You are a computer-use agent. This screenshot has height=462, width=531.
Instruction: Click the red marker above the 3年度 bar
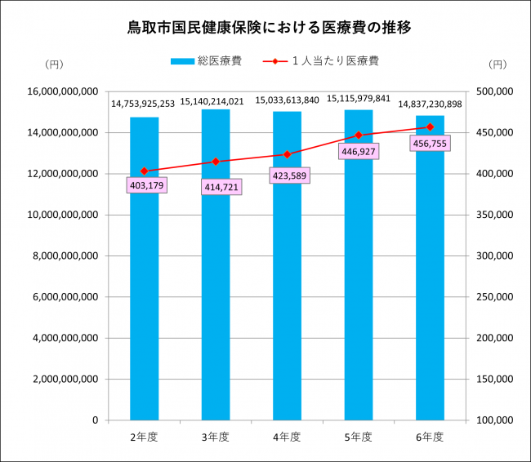point(216,162)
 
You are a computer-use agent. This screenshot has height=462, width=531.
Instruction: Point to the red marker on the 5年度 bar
point(359,135)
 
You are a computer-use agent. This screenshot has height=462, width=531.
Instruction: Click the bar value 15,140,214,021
point(216,101)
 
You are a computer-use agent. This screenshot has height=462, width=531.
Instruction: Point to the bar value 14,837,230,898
point(430,104)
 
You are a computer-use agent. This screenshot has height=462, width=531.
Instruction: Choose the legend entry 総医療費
point(207,60)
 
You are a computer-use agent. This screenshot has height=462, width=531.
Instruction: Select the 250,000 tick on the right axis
point(493,296)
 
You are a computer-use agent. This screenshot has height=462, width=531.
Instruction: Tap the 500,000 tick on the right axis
point(493,91)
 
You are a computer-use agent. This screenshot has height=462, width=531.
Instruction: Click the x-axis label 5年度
point(359,437)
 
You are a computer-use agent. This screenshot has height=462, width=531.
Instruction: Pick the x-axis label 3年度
point(216,437)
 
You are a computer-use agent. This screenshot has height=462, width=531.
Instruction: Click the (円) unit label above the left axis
point(54,64)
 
